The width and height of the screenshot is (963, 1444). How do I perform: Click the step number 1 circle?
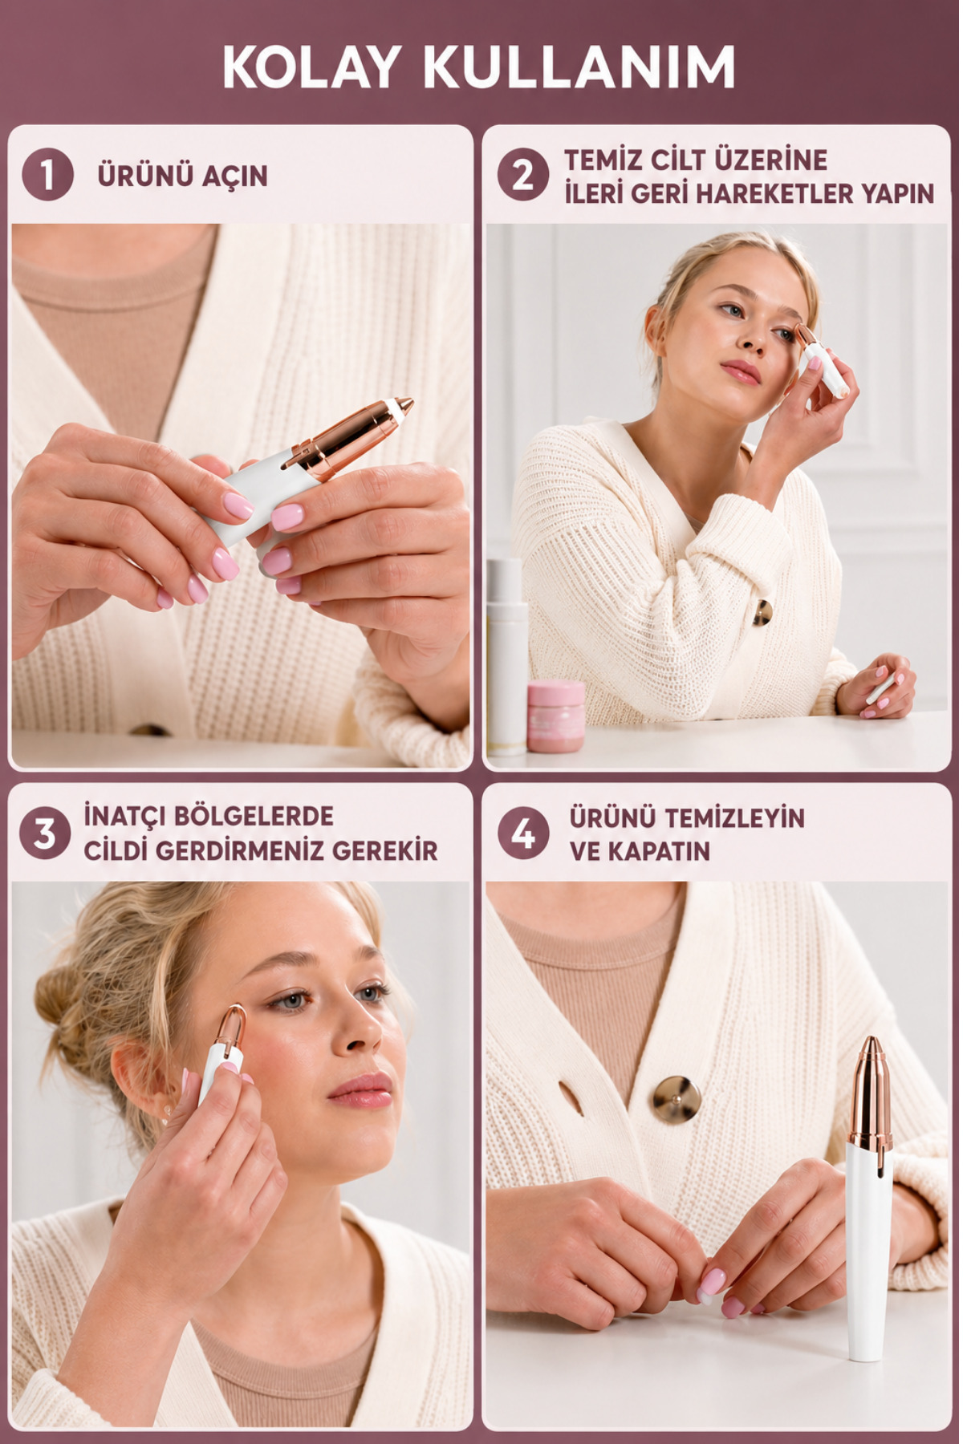tap(47, 175)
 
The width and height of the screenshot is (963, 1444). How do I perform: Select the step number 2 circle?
tap(522, 175)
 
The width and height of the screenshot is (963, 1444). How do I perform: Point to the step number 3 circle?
tap(45, 834)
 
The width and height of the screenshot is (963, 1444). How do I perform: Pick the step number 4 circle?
tap(522, 834)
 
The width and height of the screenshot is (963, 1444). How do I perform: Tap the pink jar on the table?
tap(555, 716)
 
